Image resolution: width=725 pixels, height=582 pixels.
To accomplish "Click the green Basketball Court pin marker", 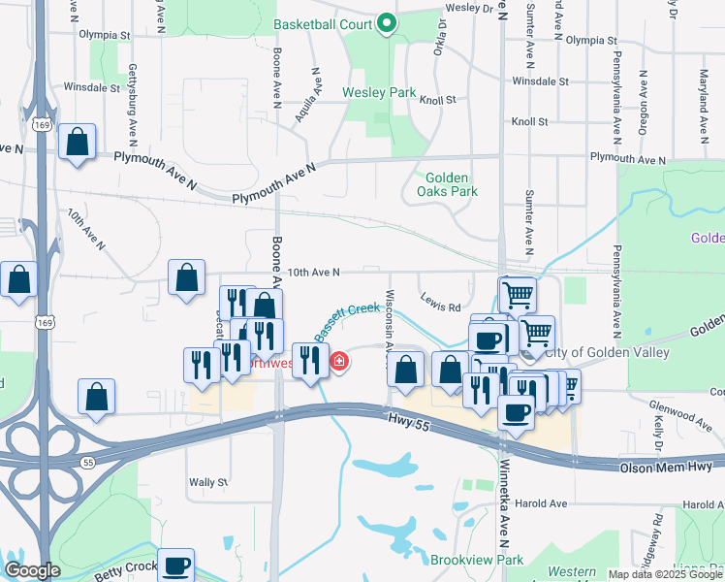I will click(386, 23).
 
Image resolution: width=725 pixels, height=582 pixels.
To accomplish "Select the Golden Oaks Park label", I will click(447, 184).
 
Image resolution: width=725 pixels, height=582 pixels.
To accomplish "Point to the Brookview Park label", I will click(476, 560).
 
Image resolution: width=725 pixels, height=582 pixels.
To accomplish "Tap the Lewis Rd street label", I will click(441, 307).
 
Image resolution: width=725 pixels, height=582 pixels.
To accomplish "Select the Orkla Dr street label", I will click(440, 38).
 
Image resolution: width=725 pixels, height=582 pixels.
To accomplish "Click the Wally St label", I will click(208, 481).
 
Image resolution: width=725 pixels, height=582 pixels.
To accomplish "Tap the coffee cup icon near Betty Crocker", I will click(175, 564).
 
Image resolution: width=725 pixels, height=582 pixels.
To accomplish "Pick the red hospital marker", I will click(339, 363).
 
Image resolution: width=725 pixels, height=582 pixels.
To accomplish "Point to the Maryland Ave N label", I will click(705, 88).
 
